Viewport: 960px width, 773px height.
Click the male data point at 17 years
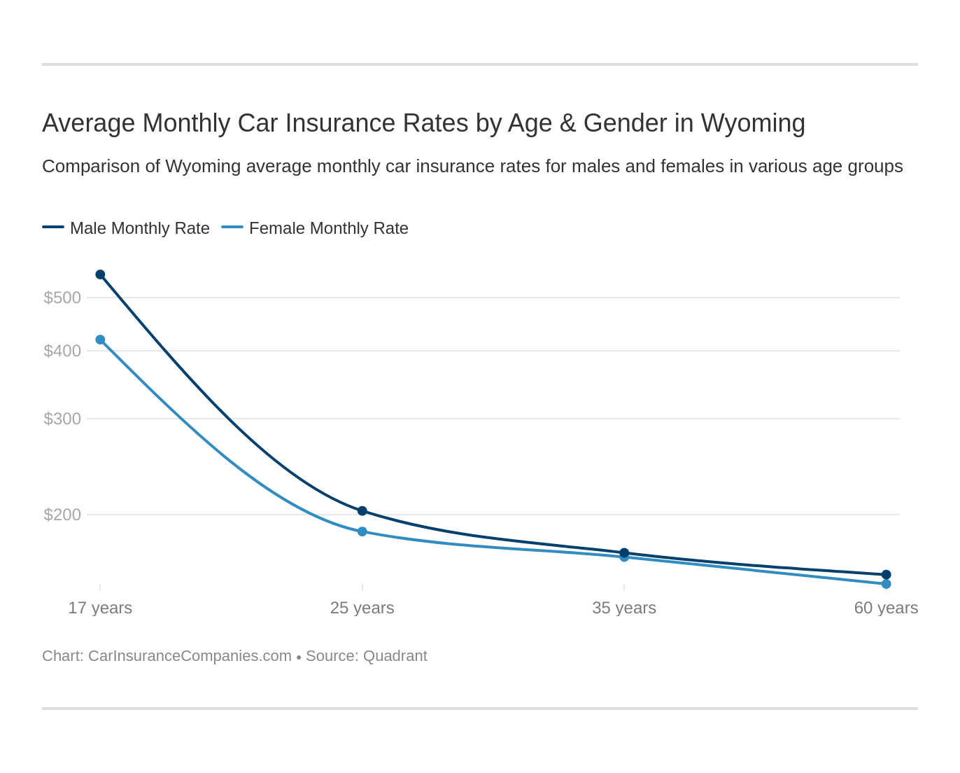100,274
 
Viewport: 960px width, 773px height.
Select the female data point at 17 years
100,340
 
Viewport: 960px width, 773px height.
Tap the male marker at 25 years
362,511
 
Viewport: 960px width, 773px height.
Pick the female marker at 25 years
362,531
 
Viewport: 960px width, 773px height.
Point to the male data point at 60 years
886,575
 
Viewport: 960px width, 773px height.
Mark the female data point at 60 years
886,584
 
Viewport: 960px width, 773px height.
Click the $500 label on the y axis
62,298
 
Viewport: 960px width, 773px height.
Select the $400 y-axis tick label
62,351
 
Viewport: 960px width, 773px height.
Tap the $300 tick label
62,419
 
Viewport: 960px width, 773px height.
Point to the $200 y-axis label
62,515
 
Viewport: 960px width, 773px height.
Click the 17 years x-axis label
100,608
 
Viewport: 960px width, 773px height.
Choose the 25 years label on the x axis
362,608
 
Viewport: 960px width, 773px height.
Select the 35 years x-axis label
624,608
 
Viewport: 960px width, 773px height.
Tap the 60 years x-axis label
886,608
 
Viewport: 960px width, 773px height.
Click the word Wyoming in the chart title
753,123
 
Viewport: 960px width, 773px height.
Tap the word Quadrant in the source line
395,656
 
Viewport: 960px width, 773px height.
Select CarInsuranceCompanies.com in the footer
190,656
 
